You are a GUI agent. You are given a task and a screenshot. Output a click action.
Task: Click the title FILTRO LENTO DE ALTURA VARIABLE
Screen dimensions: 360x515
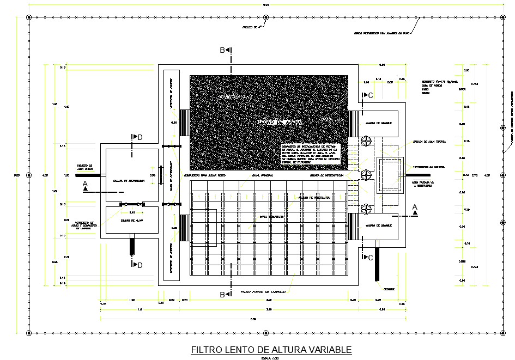coord(271,350)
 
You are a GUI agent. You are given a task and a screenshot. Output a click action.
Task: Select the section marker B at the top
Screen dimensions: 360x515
coord(222,51)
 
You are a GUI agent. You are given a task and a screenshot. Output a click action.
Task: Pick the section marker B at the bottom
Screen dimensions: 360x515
coord(222,295)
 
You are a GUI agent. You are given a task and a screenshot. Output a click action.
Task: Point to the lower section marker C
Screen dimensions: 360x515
coord(370,257)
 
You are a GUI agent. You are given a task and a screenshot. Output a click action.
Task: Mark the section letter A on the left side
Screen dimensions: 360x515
coord(86,185)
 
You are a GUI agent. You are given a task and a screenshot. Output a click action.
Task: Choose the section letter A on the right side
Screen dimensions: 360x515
coord(415,206)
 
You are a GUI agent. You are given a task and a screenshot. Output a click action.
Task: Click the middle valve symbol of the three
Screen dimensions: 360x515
coord(366,175)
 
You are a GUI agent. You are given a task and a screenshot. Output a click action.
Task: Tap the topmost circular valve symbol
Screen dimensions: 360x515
coord(366,141)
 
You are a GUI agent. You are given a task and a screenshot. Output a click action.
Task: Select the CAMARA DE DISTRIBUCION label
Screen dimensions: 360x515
coord(129,180)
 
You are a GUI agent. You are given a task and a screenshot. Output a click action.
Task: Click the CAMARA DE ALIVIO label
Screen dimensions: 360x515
coord(129,221)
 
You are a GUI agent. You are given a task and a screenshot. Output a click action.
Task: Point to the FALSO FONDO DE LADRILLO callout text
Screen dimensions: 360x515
coord(264,292)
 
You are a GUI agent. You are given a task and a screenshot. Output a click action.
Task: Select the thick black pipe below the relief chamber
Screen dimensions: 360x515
coord(132,246)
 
